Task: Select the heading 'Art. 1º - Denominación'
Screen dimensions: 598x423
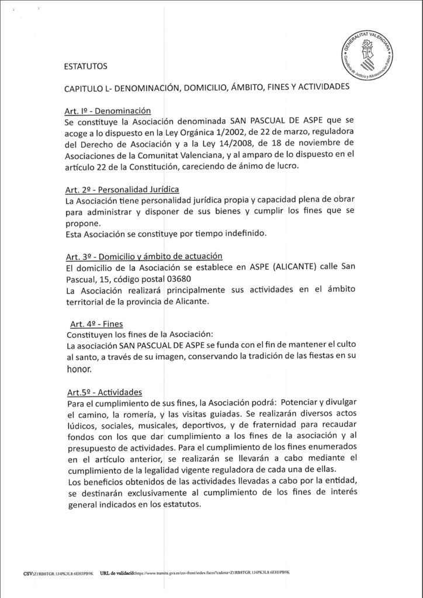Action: (x=108, y=111)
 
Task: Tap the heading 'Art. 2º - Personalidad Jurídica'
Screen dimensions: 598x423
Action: (x=122, y=190)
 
